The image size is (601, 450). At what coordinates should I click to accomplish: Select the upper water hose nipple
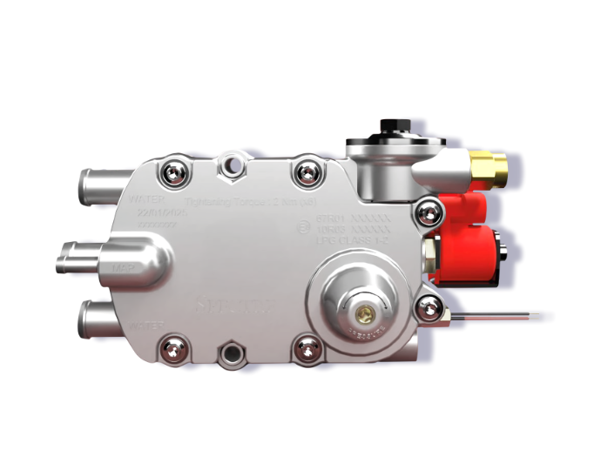coord(98,185)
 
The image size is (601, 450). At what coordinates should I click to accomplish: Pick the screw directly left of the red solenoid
coord(428,210)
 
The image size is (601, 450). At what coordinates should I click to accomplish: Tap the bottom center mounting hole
coord(232,353)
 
